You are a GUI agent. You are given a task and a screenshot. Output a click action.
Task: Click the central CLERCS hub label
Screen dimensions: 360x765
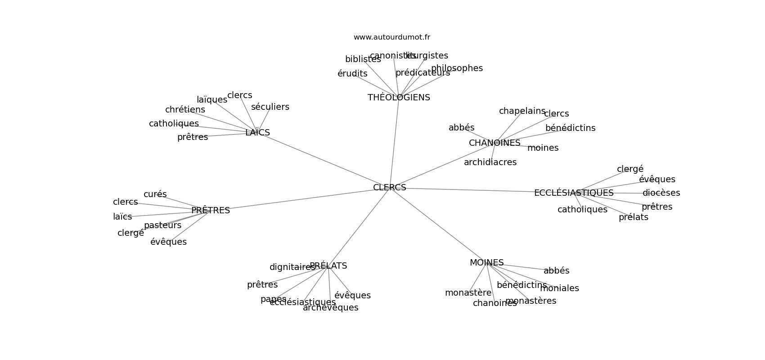389,188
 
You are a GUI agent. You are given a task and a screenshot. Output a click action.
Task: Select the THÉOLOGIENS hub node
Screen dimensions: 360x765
399,98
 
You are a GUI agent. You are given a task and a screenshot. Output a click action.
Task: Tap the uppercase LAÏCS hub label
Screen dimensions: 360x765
257,133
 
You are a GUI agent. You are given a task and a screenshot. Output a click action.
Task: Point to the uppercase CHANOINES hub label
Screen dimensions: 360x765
495,143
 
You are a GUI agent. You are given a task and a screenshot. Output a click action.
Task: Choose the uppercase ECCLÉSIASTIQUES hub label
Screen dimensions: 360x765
574,193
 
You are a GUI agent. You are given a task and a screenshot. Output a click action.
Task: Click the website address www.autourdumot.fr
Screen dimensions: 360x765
391,37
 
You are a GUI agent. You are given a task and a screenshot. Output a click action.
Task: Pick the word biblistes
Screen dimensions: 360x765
363,59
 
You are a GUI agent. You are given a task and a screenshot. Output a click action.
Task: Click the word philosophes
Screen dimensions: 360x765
457,68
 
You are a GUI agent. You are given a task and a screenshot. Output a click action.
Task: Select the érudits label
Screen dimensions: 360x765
352,74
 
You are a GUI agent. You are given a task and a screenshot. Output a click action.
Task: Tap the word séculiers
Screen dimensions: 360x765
270,107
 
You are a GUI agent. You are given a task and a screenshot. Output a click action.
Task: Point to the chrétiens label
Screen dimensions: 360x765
185,110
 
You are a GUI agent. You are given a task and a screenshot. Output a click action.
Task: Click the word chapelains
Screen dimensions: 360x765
522,111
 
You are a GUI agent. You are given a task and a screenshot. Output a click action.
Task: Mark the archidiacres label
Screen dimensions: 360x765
490,162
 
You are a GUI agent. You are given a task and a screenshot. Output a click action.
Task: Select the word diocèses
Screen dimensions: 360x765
661,193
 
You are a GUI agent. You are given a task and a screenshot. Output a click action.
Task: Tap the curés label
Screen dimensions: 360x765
155,194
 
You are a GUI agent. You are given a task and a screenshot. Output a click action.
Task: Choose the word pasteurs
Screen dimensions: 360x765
162,225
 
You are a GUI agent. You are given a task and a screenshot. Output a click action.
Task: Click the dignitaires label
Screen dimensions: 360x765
292,267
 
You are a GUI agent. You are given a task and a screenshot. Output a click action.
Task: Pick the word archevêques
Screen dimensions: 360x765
330,308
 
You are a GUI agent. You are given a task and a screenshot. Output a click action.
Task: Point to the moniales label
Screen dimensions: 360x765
559,288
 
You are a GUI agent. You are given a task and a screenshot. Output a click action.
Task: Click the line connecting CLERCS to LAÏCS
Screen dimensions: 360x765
324,160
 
